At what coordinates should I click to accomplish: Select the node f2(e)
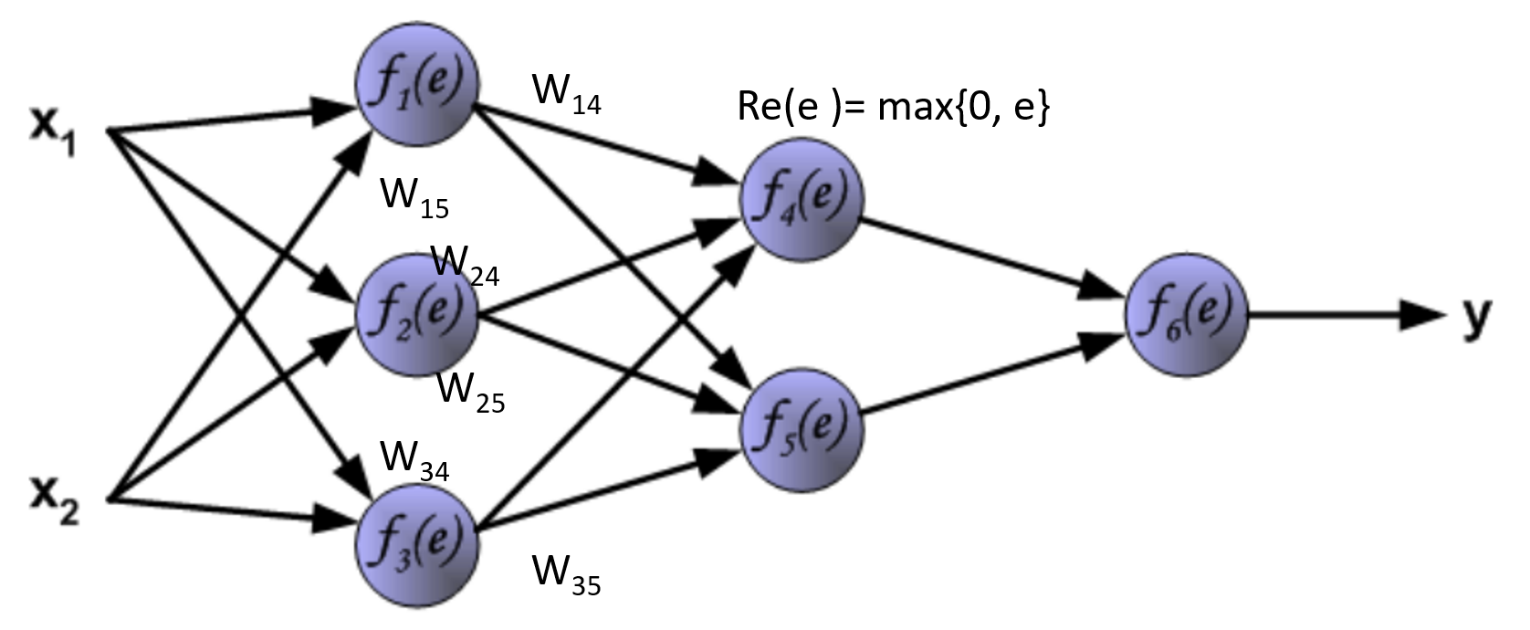(417, 315)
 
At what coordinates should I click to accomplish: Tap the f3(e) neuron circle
(417, 544)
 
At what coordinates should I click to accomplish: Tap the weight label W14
(566, 95)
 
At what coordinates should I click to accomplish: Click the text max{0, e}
(963, 108)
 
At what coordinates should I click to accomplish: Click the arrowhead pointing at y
(1424, 316)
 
